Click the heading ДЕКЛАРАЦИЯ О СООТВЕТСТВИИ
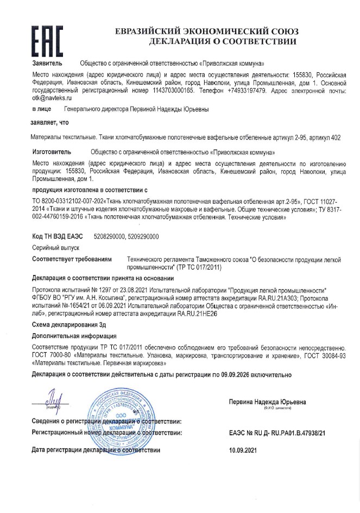click(x=222, y=41)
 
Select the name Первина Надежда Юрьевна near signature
click(x=268, y=402)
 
